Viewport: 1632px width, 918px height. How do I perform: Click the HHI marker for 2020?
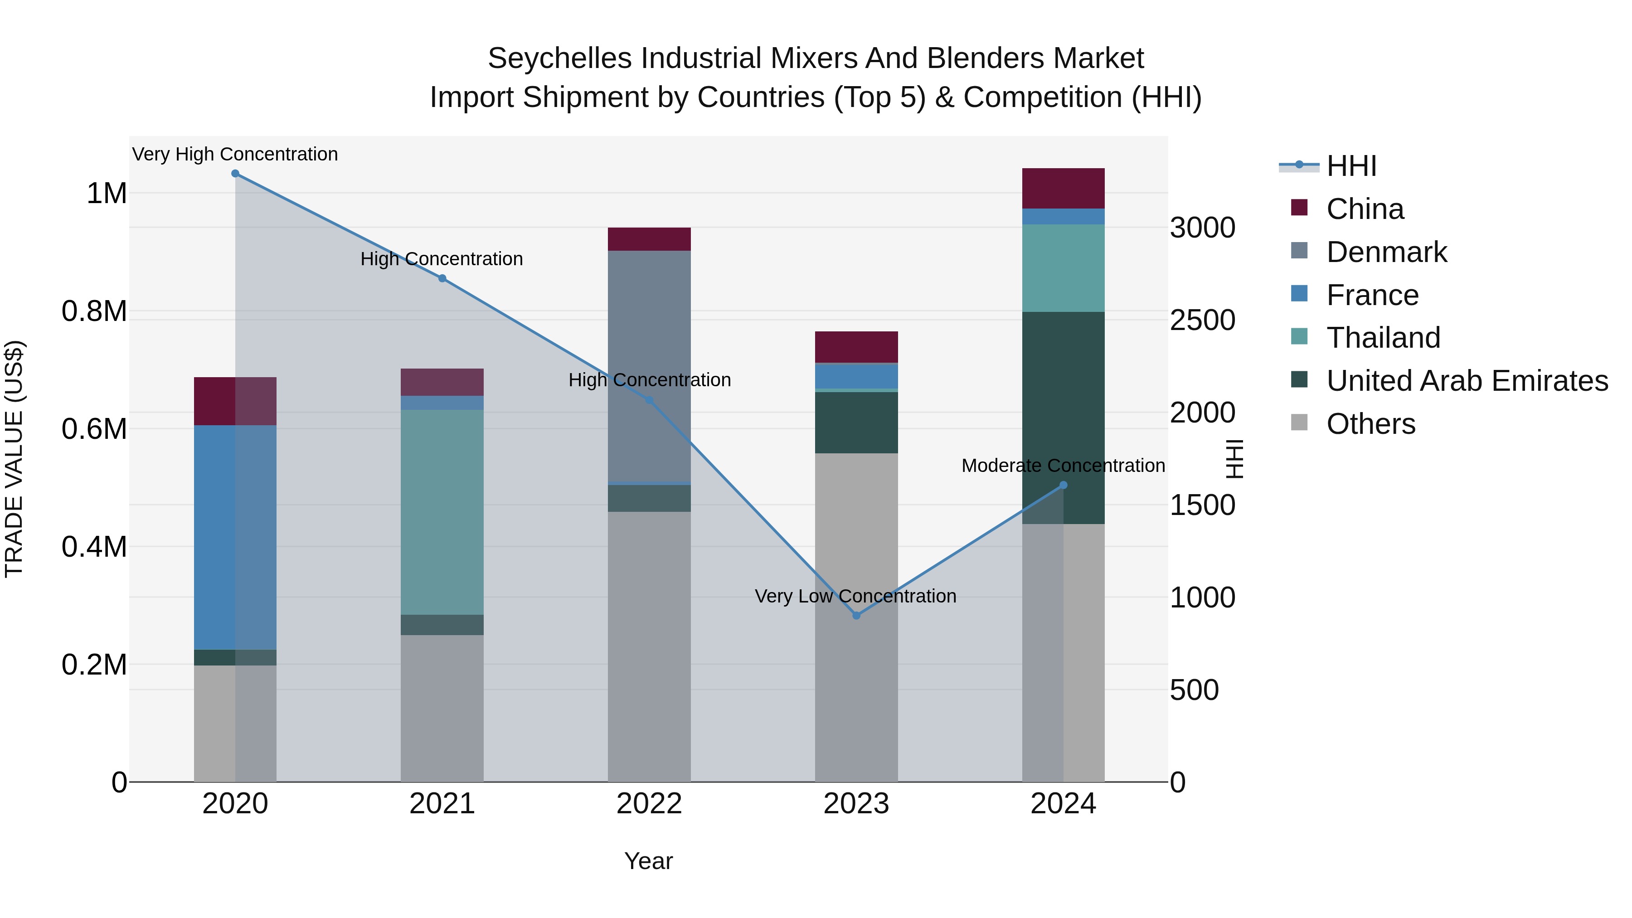pyautogui.click(x=235, y=174)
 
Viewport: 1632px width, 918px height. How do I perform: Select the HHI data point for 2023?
pyautogui.click(x=856, y=615)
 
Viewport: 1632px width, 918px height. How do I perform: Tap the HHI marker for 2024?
pyautogui.click(x=1063, y=485)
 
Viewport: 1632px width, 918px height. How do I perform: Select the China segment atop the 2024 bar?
pyautogui.click(x=1063, y=188)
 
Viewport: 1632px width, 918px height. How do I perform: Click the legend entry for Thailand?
pyautogui.click(x=1383, y=338)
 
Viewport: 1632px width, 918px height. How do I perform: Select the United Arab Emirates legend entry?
pyautogui.click(x=1467, y=381)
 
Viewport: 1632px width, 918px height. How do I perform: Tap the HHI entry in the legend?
pyautogui.click(x=1351, y=166)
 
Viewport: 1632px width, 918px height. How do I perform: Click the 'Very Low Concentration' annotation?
pyautogui.click(x=855, y=596)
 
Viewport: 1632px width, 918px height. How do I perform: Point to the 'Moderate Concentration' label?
pyautogui.click(x=1063, y=466)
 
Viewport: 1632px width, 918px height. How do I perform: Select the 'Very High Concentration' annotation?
pyautogui.click(x=235, y=154)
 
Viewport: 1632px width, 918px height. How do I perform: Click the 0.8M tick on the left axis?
pyautogui.click(x=94, y=311)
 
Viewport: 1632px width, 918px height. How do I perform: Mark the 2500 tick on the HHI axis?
pyautogui.click(x=1202, y=320)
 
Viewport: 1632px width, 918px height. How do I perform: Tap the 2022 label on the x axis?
pyautogui.click(x=649, y=804)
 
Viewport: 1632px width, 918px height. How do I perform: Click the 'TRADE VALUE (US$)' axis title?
pyautogui.click(x=14, y=459)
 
